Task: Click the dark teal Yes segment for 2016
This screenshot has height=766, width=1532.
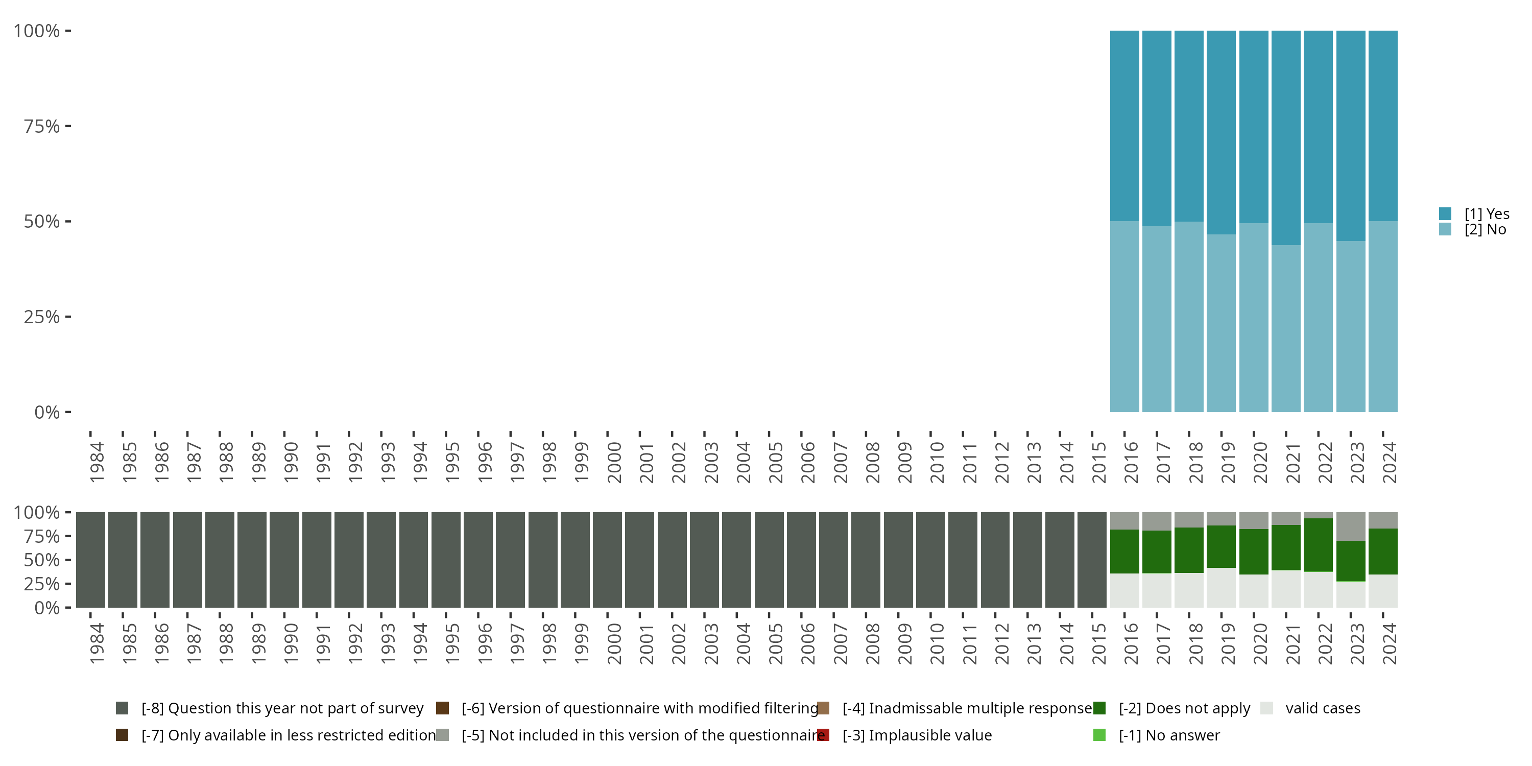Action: coord(1124,126)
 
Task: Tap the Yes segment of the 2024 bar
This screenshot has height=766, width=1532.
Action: coord(1383,126)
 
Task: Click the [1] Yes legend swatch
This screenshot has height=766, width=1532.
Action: coord(1445,213)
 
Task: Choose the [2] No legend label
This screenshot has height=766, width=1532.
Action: coord(1485,230)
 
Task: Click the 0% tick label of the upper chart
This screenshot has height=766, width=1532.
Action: coord(47,412)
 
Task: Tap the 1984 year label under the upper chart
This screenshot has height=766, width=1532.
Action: coord(97,462)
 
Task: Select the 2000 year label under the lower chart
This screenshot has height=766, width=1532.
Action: coord(614,643)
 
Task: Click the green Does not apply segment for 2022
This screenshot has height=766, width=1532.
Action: coord(1318,545)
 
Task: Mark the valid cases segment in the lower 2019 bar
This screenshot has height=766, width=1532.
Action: coord(1221,588)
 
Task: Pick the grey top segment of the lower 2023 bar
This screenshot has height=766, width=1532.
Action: coord(1351,526)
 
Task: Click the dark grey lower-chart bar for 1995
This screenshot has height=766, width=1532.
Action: coord(446,560)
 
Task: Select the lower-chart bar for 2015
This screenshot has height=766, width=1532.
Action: coord(1092,560)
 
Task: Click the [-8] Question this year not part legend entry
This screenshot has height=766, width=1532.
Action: coord(282,708)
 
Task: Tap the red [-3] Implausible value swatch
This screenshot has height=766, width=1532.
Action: coord(824,735)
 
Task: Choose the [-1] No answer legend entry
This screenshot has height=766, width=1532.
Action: coord(1168,735)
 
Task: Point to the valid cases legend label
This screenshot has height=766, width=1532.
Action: coord(1323,708)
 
